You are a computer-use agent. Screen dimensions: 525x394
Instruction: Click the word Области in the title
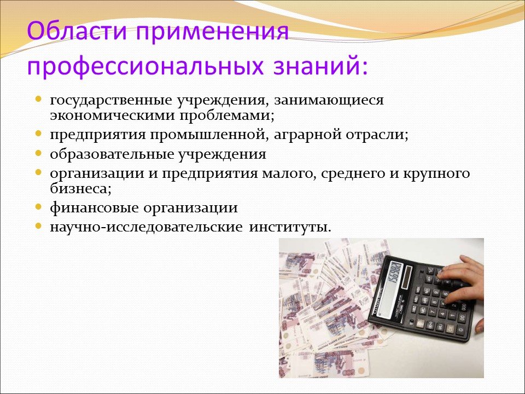coord(78,31)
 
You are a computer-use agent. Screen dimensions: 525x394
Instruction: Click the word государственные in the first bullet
coord(112,100)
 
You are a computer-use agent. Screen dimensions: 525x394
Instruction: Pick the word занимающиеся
coord(329,100)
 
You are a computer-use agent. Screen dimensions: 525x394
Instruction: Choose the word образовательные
coord(112,154)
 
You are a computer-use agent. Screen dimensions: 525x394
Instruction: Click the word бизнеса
coord(80,189)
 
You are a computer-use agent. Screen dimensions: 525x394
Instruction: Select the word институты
coord(290,227)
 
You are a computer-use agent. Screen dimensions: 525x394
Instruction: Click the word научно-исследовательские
coord(147,227)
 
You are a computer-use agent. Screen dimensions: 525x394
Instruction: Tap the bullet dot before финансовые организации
coord(38,206)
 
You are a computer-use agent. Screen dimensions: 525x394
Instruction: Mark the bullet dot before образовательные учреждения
coord(38,153)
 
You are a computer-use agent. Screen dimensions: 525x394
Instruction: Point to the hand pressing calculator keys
coord(462,278)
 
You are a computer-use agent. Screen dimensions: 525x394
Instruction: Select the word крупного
coord(436,174)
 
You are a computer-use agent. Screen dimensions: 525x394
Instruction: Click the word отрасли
coord(377,135)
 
